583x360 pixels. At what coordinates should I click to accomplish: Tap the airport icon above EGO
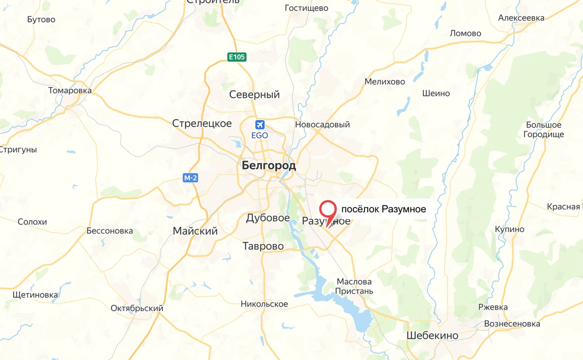(x=260, y=124)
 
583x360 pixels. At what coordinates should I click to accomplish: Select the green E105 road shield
(x=237, y=57)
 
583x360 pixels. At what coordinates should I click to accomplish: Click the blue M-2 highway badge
(x=190, y=178)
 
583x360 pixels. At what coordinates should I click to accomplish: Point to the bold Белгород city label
(x=269, y=166)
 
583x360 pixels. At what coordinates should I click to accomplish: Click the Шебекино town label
(x=432, y=336)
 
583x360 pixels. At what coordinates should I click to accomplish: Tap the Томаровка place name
(x=70, y=91)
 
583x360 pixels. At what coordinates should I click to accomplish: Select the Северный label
(x=254, y=95)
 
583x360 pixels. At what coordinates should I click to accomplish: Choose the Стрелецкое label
(x=202, y=123)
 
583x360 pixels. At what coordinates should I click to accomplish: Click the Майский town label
(x=195, y=231)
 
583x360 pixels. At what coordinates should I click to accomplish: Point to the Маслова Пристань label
(x=354, y=286)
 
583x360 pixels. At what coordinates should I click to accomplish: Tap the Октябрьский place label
(x=137, y=309)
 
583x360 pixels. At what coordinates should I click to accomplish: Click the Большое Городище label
(x=543, y=130)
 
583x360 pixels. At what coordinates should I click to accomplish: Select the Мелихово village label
(x=385, y=82)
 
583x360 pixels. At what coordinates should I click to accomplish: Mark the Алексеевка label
(x=521, y=18)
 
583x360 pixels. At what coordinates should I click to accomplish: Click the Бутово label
(x=42, y=20)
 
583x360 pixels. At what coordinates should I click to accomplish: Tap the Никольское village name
(x=264, y=304)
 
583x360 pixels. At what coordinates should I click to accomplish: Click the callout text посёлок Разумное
(x=384, y=209)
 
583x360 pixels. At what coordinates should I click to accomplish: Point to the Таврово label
(x=263, y=246)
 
